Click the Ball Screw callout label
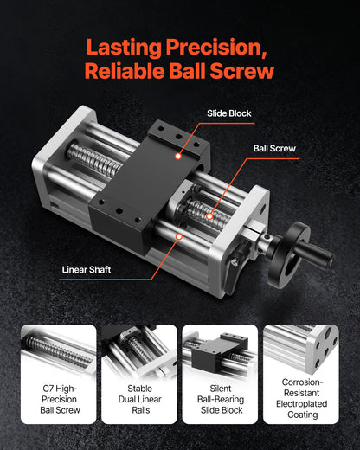pos(274,148)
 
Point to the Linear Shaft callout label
pos(87,269)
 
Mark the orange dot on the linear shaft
pos(177,235)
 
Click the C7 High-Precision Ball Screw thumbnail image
pos(58,350)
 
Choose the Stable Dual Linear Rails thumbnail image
pos(139,350)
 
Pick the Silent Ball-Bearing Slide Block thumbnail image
pos(220,350)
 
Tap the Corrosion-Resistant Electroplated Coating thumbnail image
pos(300,350)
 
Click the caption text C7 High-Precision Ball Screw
pos(58,401)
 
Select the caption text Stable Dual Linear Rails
pos(139,401)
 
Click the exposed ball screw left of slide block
pos(94,160)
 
